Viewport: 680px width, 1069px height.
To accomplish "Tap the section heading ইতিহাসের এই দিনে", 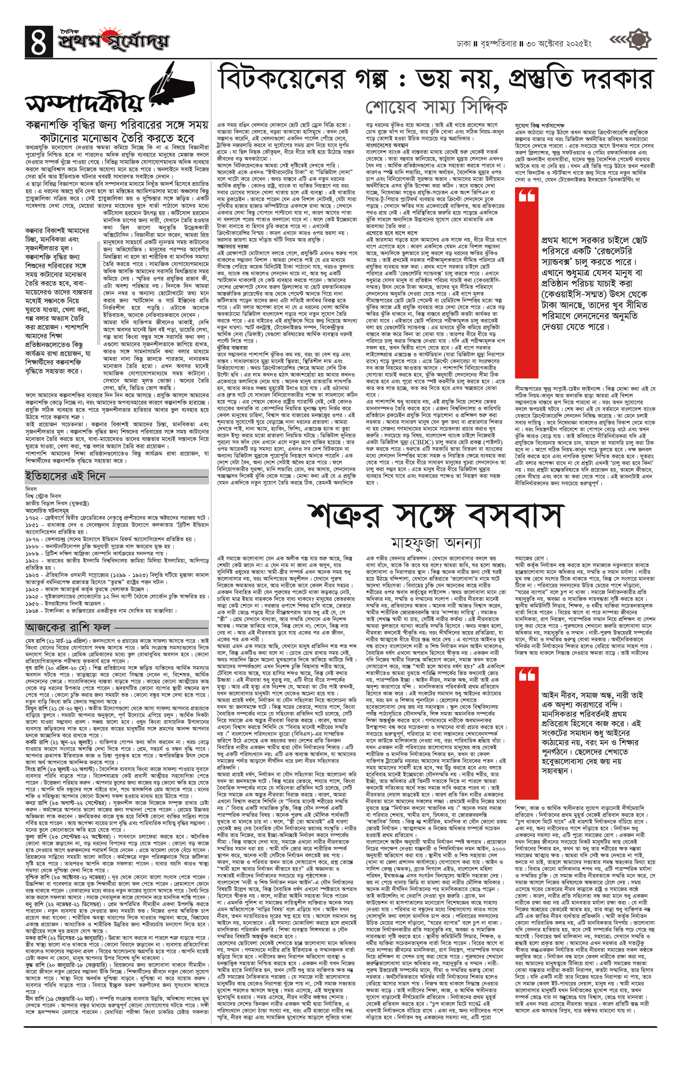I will tap(66, 476).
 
